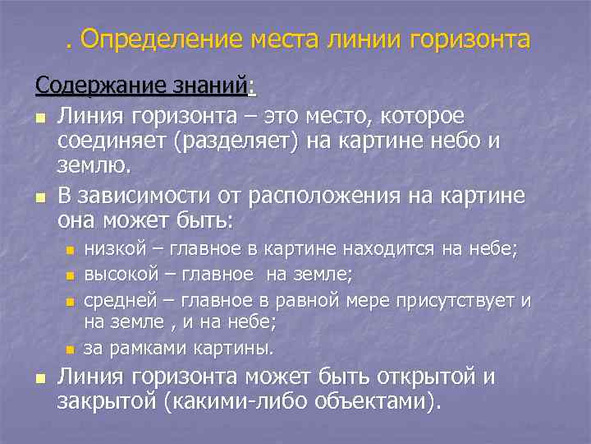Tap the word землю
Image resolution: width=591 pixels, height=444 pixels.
click(94, 166)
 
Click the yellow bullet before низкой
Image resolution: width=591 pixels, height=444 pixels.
click(71, 250)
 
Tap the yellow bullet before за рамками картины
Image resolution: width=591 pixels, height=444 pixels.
click(71, 348)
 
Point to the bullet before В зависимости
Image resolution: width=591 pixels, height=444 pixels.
click(40, 198)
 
